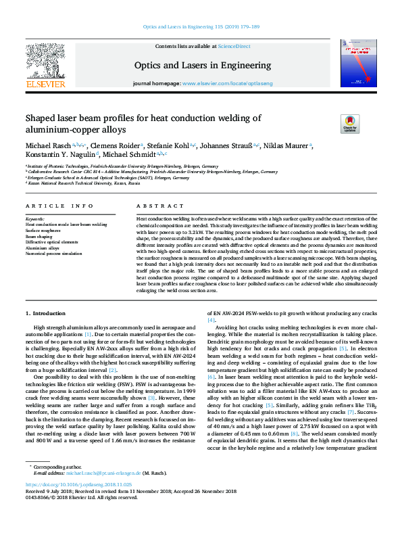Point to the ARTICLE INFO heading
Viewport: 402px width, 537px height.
point(59,206)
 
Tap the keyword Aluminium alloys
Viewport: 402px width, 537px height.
point(43,248)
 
